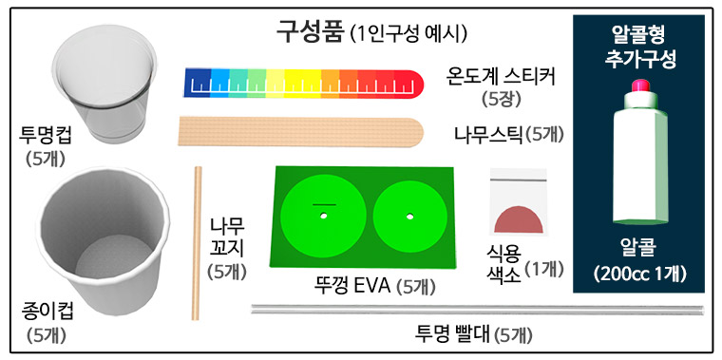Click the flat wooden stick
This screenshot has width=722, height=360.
(x=302, y=130)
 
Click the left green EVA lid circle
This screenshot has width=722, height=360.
(x=323, y=217)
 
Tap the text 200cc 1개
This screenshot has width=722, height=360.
(x=638, y=275)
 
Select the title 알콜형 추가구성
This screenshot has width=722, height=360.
(x=638, y=47)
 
